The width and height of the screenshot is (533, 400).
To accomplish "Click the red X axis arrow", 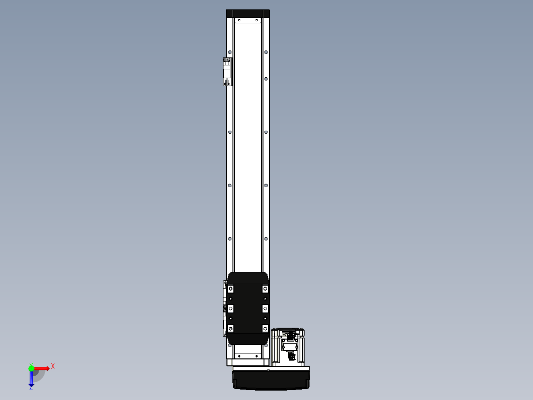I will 42,368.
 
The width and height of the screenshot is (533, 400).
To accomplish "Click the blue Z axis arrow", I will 31,379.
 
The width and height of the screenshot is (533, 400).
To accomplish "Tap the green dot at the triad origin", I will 31,368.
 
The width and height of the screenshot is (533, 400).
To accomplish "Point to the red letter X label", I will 53,366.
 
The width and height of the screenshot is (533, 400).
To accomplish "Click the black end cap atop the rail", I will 248,13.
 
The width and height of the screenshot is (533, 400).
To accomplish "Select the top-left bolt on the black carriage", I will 230,288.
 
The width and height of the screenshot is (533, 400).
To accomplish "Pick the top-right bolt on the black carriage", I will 265,288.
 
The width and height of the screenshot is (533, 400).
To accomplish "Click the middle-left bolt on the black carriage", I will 230,308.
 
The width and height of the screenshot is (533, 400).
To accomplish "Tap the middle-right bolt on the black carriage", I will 265,308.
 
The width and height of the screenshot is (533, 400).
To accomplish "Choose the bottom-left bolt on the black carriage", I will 230,328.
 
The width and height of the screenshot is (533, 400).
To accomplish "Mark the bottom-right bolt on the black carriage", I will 265,328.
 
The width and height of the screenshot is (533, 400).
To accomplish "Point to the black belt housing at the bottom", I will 271,381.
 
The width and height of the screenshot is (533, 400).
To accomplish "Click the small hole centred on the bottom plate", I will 267,369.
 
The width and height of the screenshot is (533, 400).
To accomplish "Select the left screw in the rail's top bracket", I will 239,21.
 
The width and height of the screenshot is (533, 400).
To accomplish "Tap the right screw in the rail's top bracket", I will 257,21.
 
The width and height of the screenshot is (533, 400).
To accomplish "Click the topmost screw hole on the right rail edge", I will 266,51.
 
